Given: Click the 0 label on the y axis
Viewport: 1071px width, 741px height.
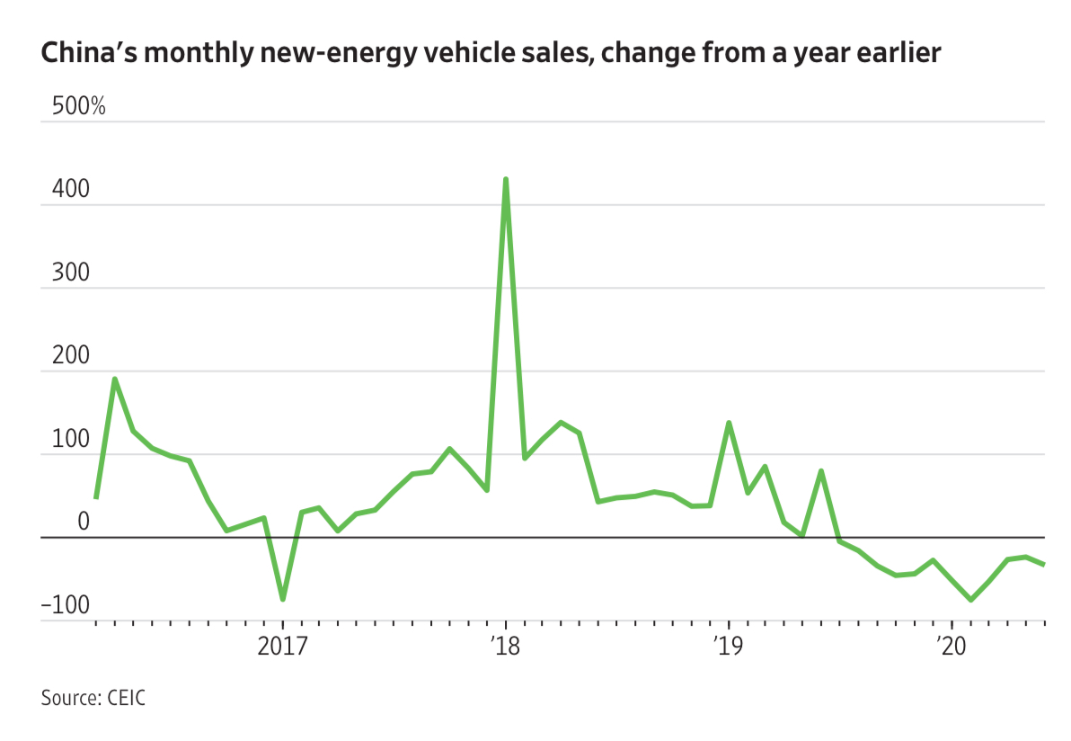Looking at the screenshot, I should click(84, 522).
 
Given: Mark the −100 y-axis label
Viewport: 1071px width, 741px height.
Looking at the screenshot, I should click(65, 604).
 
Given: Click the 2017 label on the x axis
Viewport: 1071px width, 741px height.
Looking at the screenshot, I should click(282, 645).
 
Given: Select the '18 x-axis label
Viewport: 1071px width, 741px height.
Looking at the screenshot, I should click(505, 645).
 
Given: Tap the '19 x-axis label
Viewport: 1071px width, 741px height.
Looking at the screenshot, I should click(727, 645).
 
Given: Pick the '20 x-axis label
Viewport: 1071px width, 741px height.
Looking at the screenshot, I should click(950, 645).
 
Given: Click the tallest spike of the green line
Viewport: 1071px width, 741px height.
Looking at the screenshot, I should click(506, 179).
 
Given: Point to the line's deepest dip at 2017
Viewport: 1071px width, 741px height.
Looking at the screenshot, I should click(283, 599).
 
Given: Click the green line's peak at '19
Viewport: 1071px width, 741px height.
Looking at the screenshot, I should click(729, 423).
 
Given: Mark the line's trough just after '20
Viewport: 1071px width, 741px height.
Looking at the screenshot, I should click(970, 599).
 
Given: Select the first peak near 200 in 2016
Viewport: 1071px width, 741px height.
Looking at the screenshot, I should click(115, 379).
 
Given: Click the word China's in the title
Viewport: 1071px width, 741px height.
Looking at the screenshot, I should click(86, 55).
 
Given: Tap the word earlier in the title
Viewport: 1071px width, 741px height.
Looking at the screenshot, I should click(891, 55).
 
